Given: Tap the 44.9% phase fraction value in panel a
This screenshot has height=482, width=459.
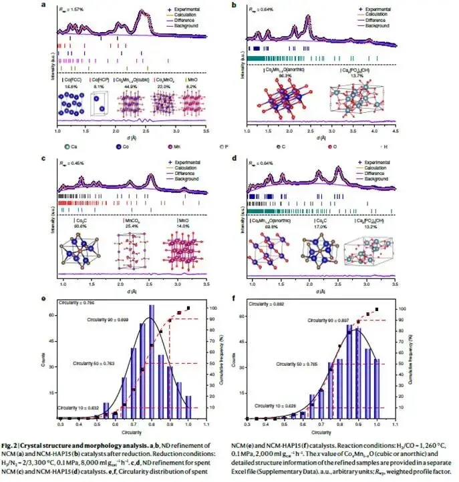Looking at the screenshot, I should (129, 86).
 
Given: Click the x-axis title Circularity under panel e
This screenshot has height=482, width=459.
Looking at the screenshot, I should (133, 431).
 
